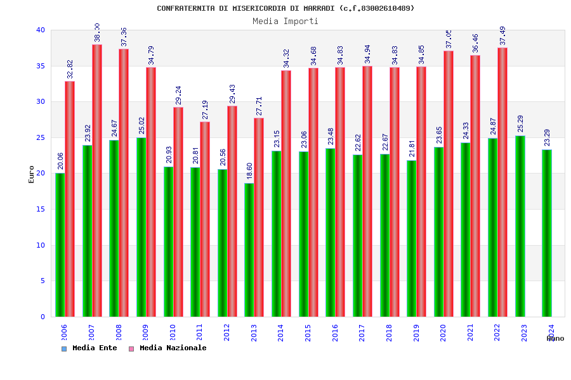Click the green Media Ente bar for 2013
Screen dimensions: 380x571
[249, 250]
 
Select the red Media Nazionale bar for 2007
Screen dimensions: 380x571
[97, 180]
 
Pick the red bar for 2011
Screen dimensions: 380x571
[205, 219]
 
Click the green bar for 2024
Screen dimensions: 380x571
[547, 233]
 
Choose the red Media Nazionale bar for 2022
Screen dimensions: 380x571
[502, 182]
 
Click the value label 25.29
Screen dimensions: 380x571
[520, 123]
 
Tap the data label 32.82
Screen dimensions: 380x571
[70, 69]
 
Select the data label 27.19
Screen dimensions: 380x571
[205, 110]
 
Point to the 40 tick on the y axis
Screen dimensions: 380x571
[41, 30]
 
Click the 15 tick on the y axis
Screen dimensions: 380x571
[41, 209]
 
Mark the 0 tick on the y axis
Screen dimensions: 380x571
[43, 317]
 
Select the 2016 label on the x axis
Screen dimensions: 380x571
[335, 333]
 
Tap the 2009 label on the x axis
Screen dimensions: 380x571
[145, 333]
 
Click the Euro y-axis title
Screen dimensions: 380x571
[31, 174]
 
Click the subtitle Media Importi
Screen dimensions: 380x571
[285, 21]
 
